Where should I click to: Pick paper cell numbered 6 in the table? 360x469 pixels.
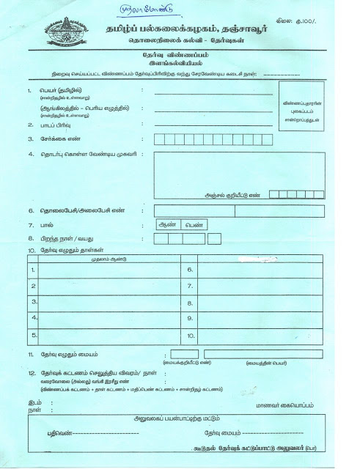[253, 270]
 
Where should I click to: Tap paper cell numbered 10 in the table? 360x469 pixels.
[253, 336]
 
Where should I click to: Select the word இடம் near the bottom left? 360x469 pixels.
[34, 402]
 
